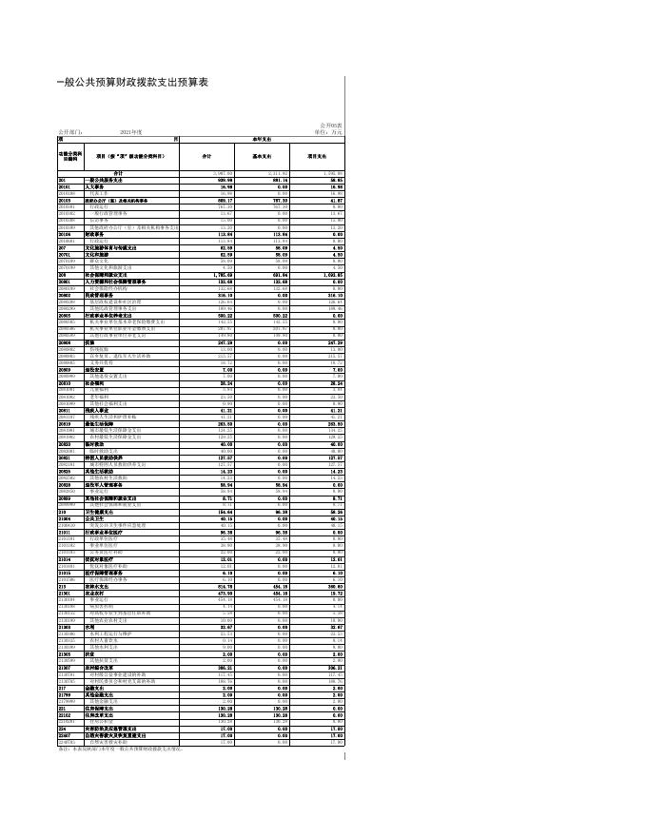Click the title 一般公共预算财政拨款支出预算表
(131, 84)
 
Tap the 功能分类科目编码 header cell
(70, 155)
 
